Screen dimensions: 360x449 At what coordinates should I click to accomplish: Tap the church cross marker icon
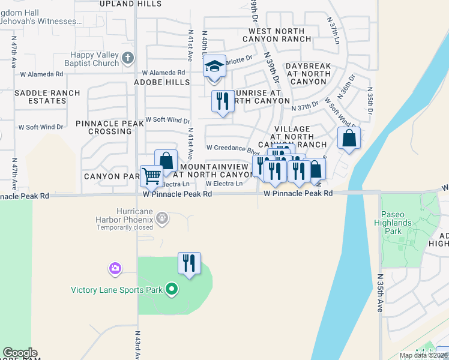(127, 58)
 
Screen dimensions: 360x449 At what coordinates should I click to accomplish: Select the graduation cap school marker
(214, 66)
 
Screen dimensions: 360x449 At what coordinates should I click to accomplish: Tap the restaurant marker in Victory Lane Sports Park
(189, 263)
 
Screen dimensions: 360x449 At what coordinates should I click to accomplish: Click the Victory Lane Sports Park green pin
(172, 290)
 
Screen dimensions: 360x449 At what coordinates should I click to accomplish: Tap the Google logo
(20, 353)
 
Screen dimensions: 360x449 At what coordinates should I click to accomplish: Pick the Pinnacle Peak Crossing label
(110, 127)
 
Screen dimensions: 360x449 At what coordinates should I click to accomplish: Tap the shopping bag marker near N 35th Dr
(349, 138)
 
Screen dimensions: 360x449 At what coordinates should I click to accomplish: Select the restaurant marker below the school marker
(223, 101)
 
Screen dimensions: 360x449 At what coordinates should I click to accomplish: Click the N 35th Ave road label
(380, 293)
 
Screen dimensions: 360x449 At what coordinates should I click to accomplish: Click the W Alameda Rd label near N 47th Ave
(41, 74)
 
